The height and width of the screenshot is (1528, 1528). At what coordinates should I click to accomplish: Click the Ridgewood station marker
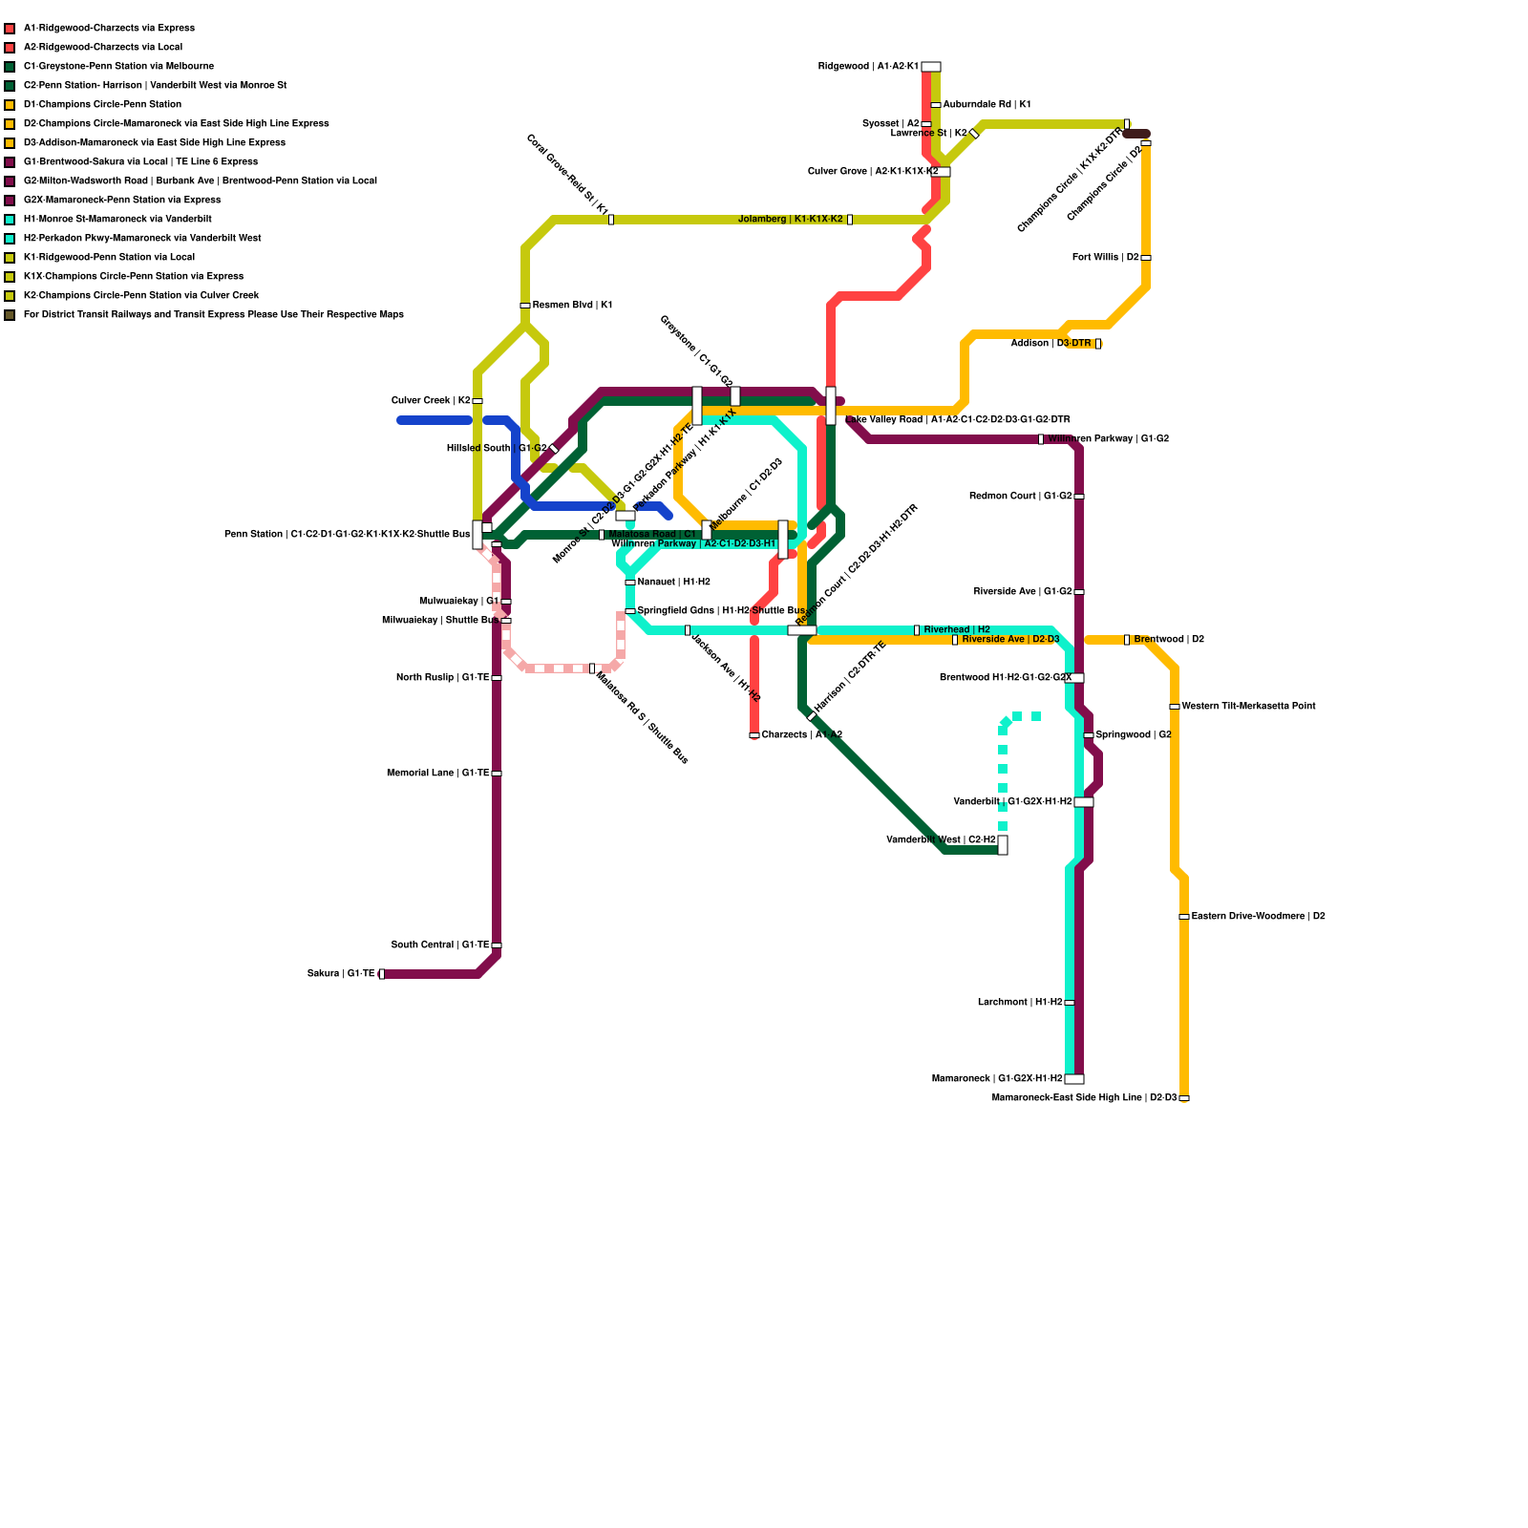coord(931,67)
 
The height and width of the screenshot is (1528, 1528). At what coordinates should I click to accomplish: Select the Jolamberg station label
coord(791,220)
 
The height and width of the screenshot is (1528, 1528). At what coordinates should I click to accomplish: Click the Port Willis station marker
coord(1146,258)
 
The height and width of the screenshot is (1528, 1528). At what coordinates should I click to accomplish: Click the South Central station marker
coord(497,945)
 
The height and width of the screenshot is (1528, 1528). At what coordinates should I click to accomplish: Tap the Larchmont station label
coord(1020,1003)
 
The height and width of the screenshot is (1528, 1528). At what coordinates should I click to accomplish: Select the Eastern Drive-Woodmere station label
coord(1258,917)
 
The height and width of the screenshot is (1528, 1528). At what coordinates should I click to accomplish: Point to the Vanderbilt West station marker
coord(1003,845)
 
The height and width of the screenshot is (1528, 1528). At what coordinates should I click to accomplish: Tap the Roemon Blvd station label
coord(572,306)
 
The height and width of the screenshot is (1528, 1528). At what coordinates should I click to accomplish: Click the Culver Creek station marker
coord(477,401)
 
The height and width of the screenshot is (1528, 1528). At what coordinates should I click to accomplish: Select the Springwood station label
coord(1134,735)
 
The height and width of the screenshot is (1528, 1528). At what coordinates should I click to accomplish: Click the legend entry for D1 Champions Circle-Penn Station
coord(102,105)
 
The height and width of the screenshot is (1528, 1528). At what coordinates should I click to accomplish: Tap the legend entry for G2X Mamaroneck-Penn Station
coord(121,201)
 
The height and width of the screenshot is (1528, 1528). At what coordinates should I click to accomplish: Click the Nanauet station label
coord(673,583)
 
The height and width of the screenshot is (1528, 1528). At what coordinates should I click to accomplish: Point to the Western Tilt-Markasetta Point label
coord(1248,707)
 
